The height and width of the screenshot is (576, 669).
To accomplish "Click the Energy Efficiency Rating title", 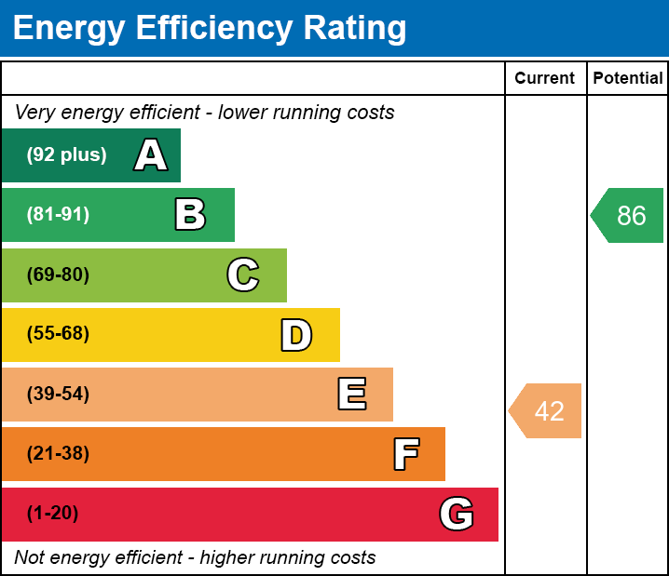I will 210,29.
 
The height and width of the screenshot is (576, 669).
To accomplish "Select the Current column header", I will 545,78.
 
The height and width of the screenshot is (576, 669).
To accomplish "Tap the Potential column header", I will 628,78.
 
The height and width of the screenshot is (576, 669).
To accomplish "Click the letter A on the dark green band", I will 151,155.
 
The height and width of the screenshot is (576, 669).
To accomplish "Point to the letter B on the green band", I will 190,215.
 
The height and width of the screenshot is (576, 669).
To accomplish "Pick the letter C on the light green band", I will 243,275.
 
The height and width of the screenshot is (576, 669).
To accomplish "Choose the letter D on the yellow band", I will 296,335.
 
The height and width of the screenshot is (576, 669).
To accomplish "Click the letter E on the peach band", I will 351,395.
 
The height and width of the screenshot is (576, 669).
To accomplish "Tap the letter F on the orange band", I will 405,454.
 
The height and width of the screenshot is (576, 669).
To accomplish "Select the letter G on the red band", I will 457,514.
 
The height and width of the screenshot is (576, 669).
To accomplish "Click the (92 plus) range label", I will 66,155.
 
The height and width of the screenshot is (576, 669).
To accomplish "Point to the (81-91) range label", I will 58,215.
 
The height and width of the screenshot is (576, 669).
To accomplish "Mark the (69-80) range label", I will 58,275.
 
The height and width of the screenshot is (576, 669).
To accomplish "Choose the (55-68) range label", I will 58,334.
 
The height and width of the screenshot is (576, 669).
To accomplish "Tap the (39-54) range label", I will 58,395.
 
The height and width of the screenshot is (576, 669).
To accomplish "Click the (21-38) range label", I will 58,454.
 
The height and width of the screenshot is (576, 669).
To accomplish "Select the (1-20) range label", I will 53,514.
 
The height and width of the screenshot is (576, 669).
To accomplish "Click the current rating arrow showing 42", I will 547,410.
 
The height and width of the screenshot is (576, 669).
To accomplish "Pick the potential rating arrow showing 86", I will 629,216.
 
